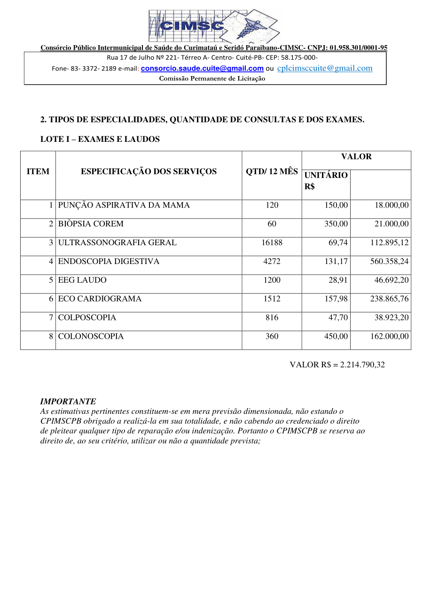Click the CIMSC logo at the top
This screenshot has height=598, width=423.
pos(214,26)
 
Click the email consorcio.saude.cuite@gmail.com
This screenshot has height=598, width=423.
pos(202,69)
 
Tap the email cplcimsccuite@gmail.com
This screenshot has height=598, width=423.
pos(325,68)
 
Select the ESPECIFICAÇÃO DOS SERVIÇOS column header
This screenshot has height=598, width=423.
pos(149,171)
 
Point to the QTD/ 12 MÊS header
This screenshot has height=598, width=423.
pos(272,171)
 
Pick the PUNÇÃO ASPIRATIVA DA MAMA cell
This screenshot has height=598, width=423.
pos(124,205)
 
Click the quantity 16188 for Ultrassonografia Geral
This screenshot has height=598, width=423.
pos(272,243)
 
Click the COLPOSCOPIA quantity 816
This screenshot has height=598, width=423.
pos(272,318)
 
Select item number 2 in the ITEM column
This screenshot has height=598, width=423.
pos(51,224)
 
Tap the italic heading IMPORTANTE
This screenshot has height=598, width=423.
pos(68,402)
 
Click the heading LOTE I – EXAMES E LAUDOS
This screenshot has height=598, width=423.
pos(100,140)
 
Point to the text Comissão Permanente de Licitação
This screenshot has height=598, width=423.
pos(212,78)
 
